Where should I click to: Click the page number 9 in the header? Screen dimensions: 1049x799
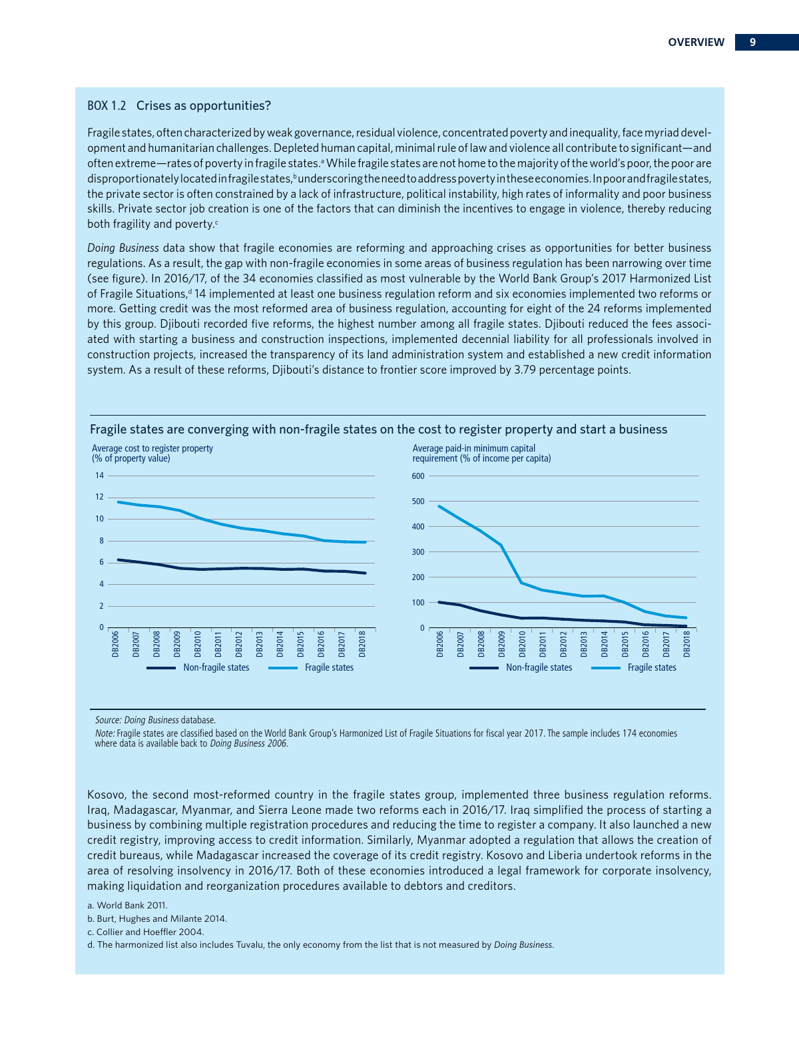tap(752, 42)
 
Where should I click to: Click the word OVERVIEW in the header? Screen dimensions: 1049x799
tap(696, 42)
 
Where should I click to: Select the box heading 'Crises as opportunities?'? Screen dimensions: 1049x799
tap(203, 106)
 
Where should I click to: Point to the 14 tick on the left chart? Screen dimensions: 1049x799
tap(99, 476)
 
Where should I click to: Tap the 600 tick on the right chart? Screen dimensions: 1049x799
tap(417, 476)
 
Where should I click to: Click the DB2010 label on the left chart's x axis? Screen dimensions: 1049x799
tap(198, 644)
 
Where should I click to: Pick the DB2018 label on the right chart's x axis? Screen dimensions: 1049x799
tap(686, 644)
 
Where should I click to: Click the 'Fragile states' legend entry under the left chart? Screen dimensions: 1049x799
tap(329, 667)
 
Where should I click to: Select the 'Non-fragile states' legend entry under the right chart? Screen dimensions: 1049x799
tap(539, 667)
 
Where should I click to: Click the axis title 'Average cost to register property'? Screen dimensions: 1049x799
tap(152, 448)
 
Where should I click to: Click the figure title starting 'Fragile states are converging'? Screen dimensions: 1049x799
tap(378, 430)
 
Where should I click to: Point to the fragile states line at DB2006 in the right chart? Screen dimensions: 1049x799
tap(439, 506)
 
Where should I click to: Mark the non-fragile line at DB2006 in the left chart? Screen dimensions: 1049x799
tap(119, 559)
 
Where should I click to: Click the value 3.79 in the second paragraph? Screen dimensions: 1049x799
tap(525, 370)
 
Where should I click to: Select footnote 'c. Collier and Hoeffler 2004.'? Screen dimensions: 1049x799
tap(150, 932)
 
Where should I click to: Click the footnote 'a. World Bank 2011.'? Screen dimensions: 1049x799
tap(127, 905)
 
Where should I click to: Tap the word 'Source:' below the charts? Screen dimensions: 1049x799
tap(108, 720)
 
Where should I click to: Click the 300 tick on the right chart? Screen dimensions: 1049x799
tap(417, 552)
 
